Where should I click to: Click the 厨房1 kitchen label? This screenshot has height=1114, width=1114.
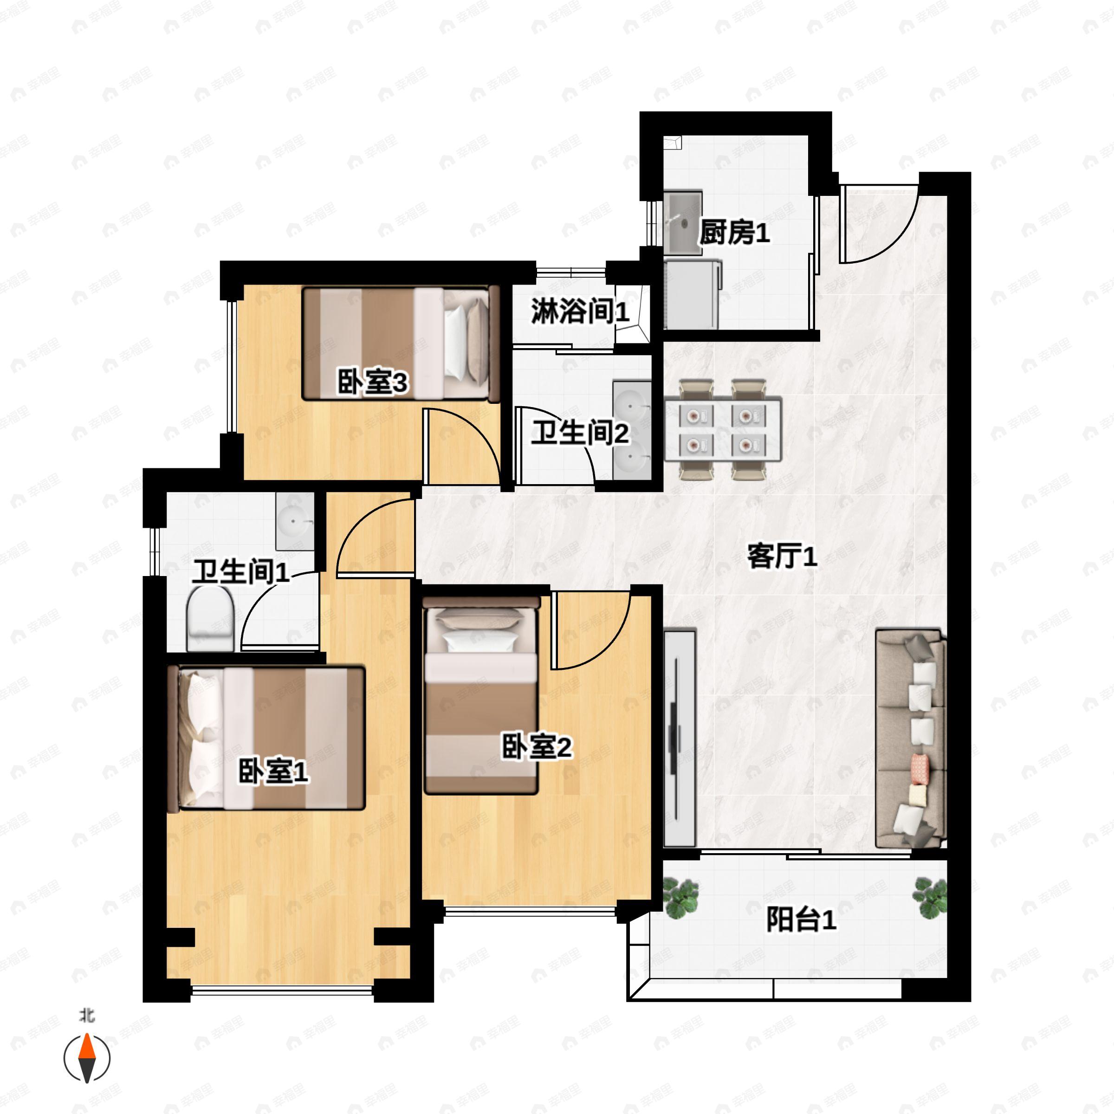(x=734, y=233)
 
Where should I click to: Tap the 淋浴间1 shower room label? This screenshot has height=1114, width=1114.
(x=579, y=311)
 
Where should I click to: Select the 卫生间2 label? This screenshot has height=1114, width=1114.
(x=579, y=433)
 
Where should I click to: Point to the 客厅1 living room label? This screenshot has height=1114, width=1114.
(x=782, y=557)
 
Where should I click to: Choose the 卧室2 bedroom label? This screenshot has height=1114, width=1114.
(x=536, y=747)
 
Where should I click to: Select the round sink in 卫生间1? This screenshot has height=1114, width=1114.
(x=294, y=521)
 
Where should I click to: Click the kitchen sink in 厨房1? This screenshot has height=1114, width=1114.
(x=682, y=223)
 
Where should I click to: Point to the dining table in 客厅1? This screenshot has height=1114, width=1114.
(x=723, y=429)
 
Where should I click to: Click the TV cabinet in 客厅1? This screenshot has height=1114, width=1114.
(x=679, y=738)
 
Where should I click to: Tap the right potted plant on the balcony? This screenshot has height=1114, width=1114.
(x=929, y=897)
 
